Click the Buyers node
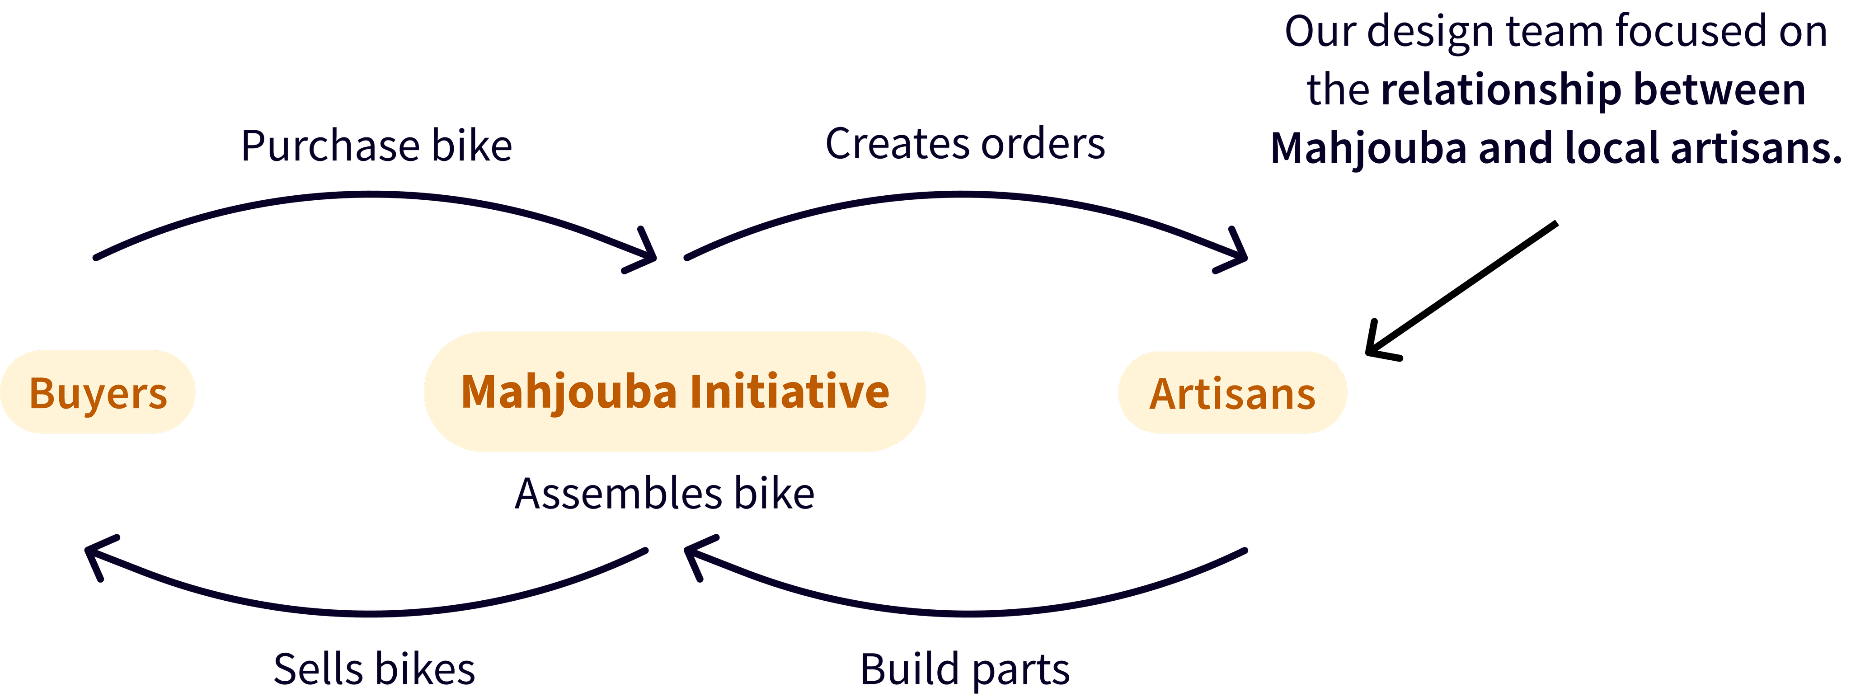pos(98,392)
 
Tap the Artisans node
pos(1232,393)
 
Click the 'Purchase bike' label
pos(376,146)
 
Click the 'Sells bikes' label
pos(374,669)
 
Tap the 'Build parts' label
pos(964,669)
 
